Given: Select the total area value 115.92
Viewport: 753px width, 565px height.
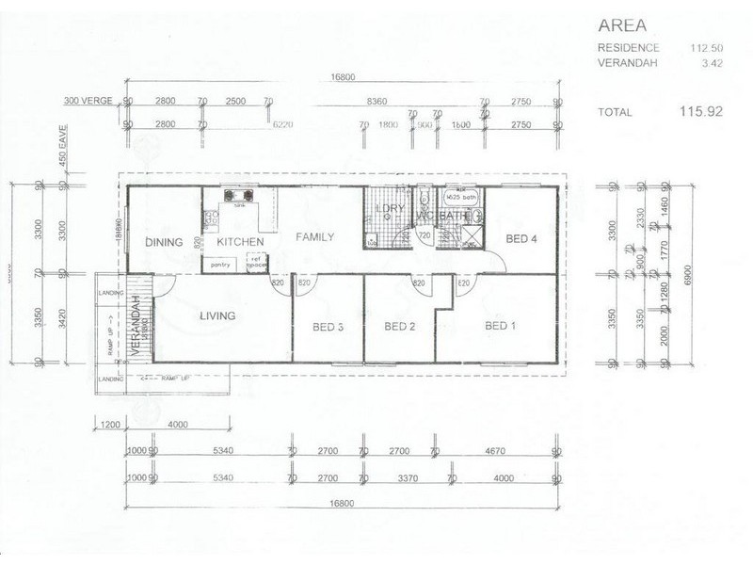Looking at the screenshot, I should pos(701,111).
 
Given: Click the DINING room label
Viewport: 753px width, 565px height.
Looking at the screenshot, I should pos(163,242).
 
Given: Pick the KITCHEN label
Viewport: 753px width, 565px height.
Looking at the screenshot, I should pos(240,242).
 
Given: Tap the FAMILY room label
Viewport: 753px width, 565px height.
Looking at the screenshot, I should pos(315,237).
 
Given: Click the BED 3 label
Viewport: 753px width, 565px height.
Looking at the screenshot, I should pos(327,327).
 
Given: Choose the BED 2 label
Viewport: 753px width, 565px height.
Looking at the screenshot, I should pos(400,327).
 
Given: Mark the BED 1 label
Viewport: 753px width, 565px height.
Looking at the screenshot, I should pos(501,327).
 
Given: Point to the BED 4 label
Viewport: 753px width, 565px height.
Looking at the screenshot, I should pos(521,239).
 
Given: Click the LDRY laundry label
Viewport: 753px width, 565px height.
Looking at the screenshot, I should pos(384,208).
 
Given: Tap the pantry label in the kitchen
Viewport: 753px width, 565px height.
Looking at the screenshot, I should pos(221,266).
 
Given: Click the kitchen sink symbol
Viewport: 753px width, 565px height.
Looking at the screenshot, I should pos(239,199).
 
